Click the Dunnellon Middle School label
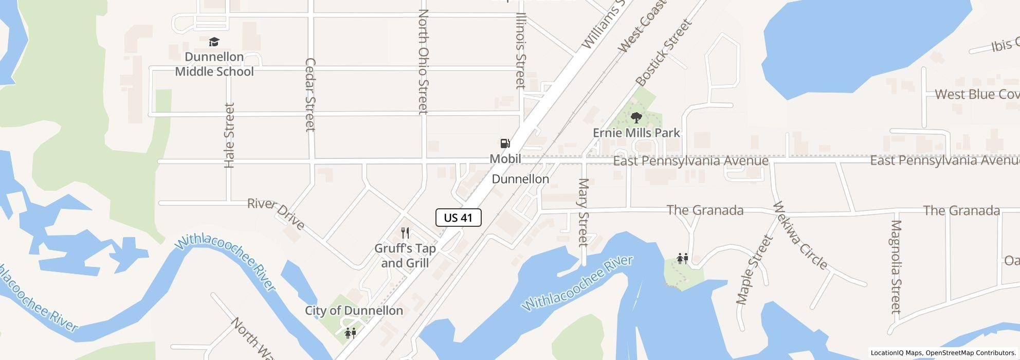pyautogui.click(x=214, y=64)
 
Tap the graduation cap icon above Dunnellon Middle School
pyautogui.click(x=214, y=42)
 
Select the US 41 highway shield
pyautogui.click(x=458, y=218)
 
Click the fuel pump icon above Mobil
pyautogui.click(x=505, y=143)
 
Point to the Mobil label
pyautogui.click(x=505, y=159)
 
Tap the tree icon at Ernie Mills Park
pyautogui.click(x=636, y=118)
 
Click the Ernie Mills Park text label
pyautogui.click(x=636, y=133)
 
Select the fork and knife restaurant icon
pyautogui.click(x=405, y=233)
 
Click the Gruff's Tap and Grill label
pyautogui.click(x=405, y=256)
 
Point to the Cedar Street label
pyautogui.click(x=310, y=95)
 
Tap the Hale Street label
pyautogui.click(x=229, y=135)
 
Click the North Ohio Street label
pyautogui.click(x=423, y=61)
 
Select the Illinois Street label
pyautogui.click(x=521, y=50)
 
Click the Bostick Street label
pyautogui.click(x=663, y=53)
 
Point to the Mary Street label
pyautogui.click(x=583, y=212)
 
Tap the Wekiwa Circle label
pyautogui.click(x=800, y=236)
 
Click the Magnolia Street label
pyautogui.click(x=896, y=267)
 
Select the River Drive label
pyautogui.click(x=276, y=213)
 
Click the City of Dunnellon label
pyautogui.click(x=354, y=311)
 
